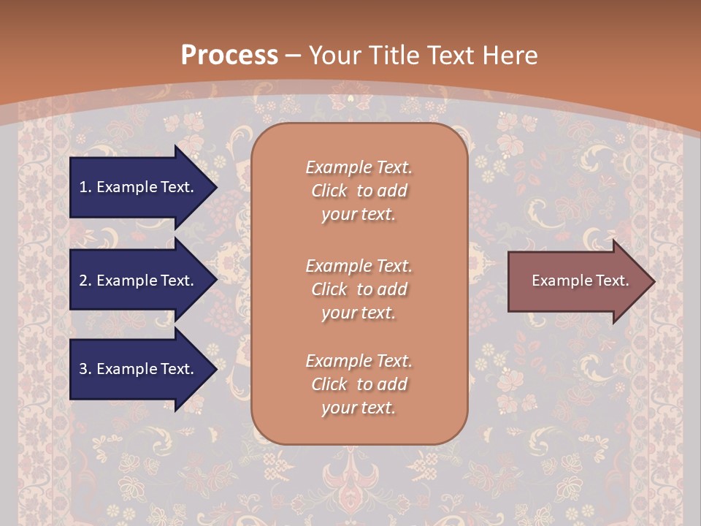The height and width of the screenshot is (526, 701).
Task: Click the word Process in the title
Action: [229, 56]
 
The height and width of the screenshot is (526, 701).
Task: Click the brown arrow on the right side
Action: [577, 281]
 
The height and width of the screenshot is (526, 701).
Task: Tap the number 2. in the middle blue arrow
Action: [85, 281]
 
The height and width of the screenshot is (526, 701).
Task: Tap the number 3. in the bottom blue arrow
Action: [85, 369]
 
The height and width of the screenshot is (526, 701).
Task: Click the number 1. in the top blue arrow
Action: [85, 187]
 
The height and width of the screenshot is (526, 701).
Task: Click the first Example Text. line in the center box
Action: [359, 167]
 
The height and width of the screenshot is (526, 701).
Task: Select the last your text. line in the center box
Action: [359, 408]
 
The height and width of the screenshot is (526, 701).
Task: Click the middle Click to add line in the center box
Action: [359, 289]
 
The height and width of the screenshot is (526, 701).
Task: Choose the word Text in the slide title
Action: [451, 56]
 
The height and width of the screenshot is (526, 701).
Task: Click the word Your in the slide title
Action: [335, 56]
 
